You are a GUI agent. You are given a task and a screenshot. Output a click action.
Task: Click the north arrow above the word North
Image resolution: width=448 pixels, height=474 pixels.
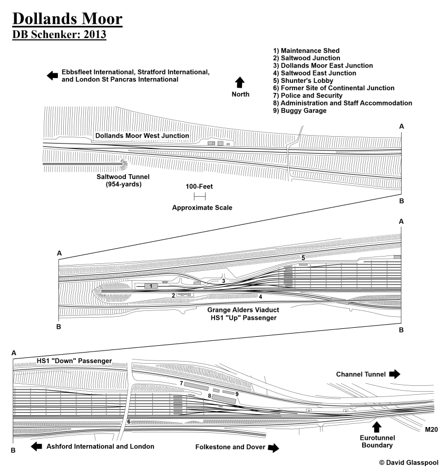[240, 82]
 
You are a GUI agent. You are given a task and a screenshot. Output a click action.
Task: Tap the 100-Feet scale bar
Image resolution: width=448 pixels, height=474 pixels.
[199, 196]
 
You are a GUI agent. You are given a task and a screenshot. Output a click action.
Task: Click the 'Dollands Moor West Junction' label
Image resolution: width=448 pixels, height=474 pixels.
[142, 136]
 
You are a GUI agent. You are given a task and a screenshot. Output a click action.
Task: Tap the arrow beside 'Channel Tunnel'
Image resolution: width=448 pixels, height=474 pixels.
[395, 374]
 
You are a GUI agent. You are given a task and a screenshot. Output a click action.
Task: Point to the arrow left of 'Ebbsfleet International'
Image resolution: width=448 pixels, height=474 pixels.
[52, 75]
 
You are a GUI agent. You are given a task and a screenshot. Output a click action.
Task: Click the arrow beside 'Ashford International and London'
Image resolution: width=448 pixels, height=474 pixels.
[37, 447]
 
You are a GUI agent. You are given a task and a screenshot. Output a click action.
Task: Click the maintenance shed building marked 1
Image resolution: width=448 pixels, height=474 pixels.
[151, 286]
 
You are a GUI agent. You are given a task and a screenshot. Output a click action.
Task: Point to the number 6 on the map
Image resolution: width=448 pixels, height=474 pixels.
[128, 422]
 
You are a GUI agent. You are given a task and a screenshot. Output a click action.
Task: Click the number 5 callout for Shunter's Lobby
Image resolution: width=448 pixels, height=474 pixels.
[303, 257]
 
